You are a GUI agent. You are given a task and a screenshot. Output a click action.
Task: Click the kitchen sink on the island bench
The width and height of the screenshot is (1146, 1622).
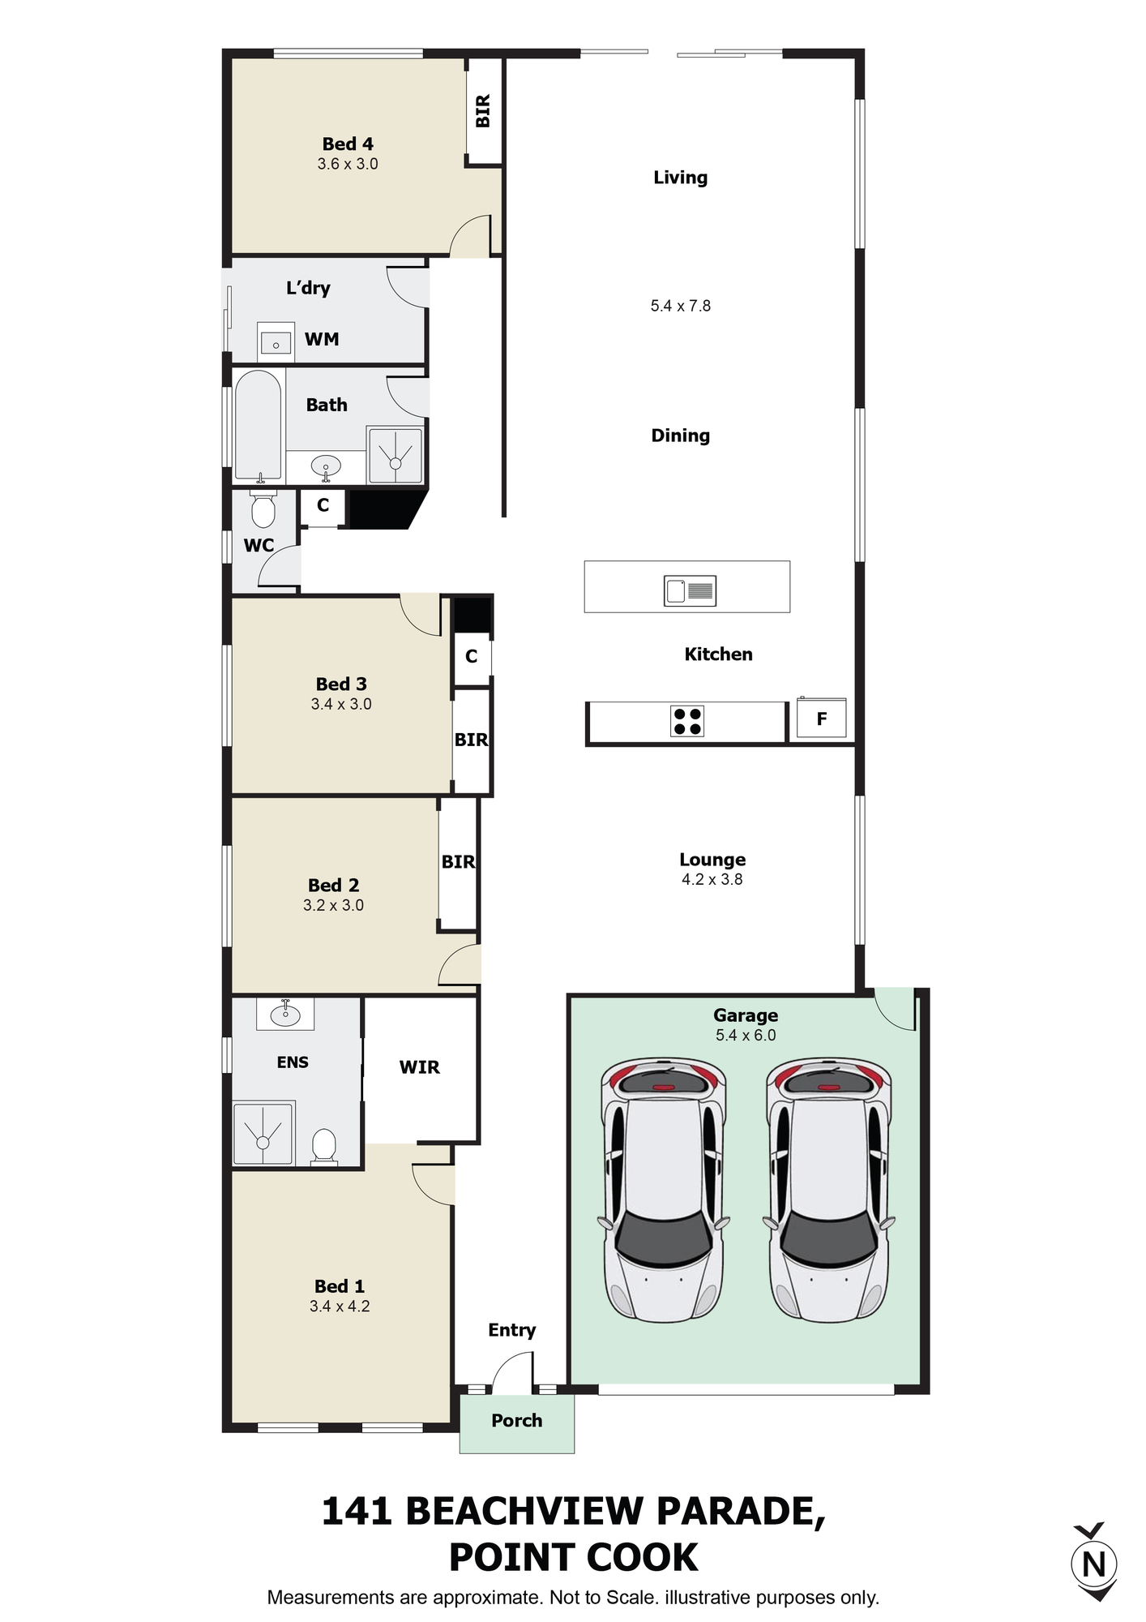click(x=690, y=590)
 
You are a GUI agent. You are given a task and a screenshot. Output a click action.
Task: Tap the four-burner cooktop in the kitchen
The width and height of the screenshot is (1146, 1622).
click(x=687, y=721)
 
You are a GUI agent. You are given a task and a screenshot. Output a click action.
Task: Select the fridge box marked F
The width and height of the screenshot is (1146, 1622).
click(x=821, y=719)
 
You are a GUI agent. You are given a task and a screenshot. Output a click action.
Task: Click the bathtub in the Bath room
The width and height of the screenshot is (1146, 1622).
click(x=259, y=427)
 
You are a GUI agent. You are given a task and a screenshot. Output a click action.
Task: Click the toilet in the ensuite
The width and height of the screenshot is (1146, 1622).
click(x=324, y=1147)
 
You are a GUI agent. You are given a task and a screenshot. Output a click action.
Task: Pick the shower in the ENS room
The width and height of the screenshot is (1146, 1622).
click(x=263, y=1133)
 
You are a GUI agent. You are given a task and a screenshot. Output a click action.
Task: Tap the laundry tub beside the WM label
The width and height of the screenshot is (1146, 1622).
click(x=276, y=341)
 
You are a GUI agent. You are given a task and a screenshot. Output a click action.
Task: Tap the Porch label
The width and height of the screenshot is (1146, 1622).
click(x=517, y=1420)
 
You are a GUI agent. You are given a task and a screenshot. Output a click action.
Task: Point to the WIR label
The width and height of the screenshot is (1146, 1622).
click(x=420, y=1067)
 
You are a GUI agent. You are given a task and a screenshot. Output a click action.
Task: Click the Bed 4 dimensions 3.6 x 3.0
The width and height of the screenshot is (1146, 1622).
click(x=348, y=164)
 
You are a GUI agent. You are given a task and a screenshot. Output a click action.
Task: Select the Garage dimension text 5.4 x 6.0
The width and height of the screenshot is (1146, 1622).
click(x=746, y=1035)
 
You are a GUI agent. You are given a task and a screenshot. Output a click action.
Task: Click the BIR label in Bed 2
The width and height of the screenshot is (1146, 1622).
click(x=459, y=861)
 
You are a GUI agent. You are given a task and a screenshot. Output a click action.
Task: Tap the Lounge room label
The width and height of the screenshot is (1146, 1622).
click(x=712, y=860)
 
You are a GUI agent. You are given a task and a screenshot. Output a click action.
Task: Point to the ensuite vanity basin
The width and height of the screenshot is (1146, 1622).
click(x=285, y=1014)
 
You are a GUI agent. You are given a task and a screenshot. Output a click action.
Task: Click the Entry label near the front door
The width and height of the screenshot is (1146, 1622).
click(x=512, y=1330)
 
